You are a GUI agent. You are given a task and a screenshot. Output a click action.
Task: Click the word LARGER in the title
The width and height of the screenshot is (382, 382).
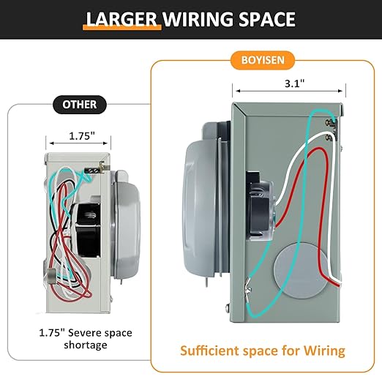[121, 19]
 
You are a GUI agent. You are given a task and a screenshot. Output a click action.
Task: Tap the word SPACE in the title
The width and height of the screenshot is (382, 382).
[267, 19]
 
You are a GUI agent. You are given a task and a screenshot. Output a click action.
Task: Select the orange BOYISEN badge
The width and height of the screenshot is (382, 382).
[263, 60]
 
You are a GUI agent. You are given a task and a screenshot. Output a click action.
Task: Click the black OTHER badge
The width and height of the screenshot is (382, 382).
[80, 105]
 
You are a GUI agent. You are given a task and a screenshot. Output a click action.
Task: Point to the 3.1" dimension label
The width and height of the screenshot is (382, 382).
[295, 83]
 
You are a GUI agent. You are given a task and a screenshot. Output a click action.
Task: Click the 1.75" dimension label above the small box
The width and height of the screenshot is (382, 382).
[82, 136]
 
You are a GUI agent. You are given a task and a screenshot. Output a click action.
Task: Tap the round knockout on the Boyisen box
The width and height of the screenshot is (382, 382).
[301, 270]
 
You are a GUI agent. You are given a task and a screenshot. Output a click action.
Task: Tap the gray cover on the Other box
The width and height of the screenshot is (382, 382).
[126, 225]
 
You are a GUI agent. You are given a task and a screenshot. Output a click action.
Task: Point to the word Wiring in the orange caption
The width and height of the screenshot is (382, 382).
[324, 351]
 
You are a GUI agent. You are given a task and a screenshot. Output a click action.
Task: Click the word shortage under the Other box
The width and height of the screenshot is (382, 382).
[86, 345]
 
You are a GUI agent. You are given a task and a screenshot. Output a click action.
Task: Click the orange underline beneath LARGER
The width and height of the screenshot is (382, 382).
[122, 28]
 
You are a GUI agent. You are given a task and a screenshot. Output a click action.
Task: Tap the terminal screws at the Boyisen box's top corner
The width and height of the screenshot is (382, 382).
[332, 130]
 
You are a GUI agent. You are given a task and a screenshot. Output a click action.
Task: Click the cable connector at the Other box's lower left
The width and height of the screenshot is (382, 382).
[50, 276]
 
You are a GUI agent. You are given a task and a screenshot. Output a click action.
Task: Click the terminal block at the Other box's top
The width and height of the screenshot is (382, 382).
[94, 170]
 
